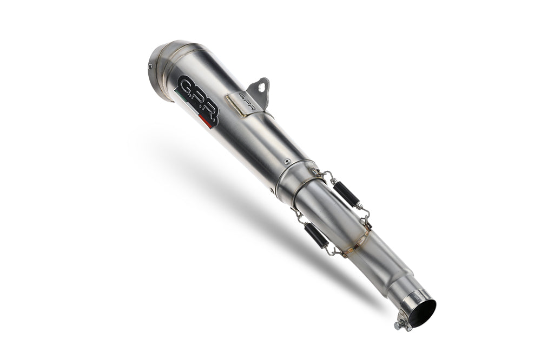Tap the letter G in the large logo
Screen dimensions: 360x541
[185, 86]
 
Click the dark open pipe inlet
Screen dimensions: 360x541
[422, 312]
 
